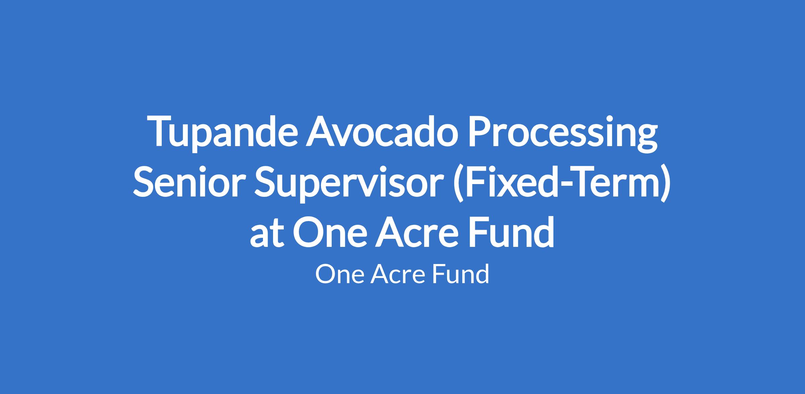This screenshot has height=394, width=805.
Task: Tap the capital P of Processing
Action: pos(479,132)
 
